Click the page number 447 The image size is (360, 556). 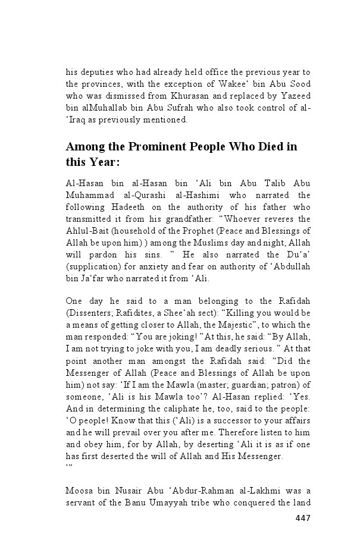coord(302,517)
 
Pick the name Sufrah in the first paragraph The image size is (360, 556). coord(200,108)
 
